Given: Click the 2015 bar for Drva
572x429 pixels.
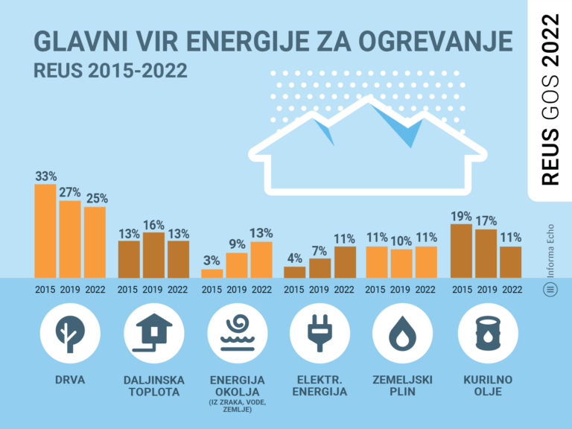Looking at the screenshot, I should (45, 231).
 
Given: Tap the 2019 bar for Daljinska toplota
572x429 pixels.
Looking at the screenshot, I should (153, 255).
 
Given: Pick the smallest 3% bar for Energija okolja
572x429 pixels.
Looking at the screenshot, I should (212, 273).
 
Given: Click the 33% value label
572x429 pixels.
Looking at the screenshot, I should (45, 177).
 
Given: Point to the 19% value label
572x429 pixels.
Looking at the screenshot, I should (461, 217).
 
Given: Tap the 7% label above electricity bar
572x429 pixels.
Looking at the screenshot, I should (320, 251).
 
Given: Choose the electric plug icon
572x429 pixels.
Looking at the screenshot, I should (319, 329).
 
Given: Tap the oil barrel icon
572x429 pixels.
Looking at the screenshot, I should (485, 329).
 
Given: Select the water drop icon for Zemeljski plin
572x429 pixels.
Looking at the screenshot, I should (402, 329).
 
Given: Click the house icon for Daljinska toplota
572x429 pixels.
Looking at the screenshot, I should (153, 329).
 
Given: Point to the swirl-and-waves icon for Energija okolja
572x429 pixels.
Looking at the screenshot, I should (235, 329).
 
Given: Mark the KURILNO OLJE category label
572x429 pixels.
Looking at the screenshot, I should (485, 386).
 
